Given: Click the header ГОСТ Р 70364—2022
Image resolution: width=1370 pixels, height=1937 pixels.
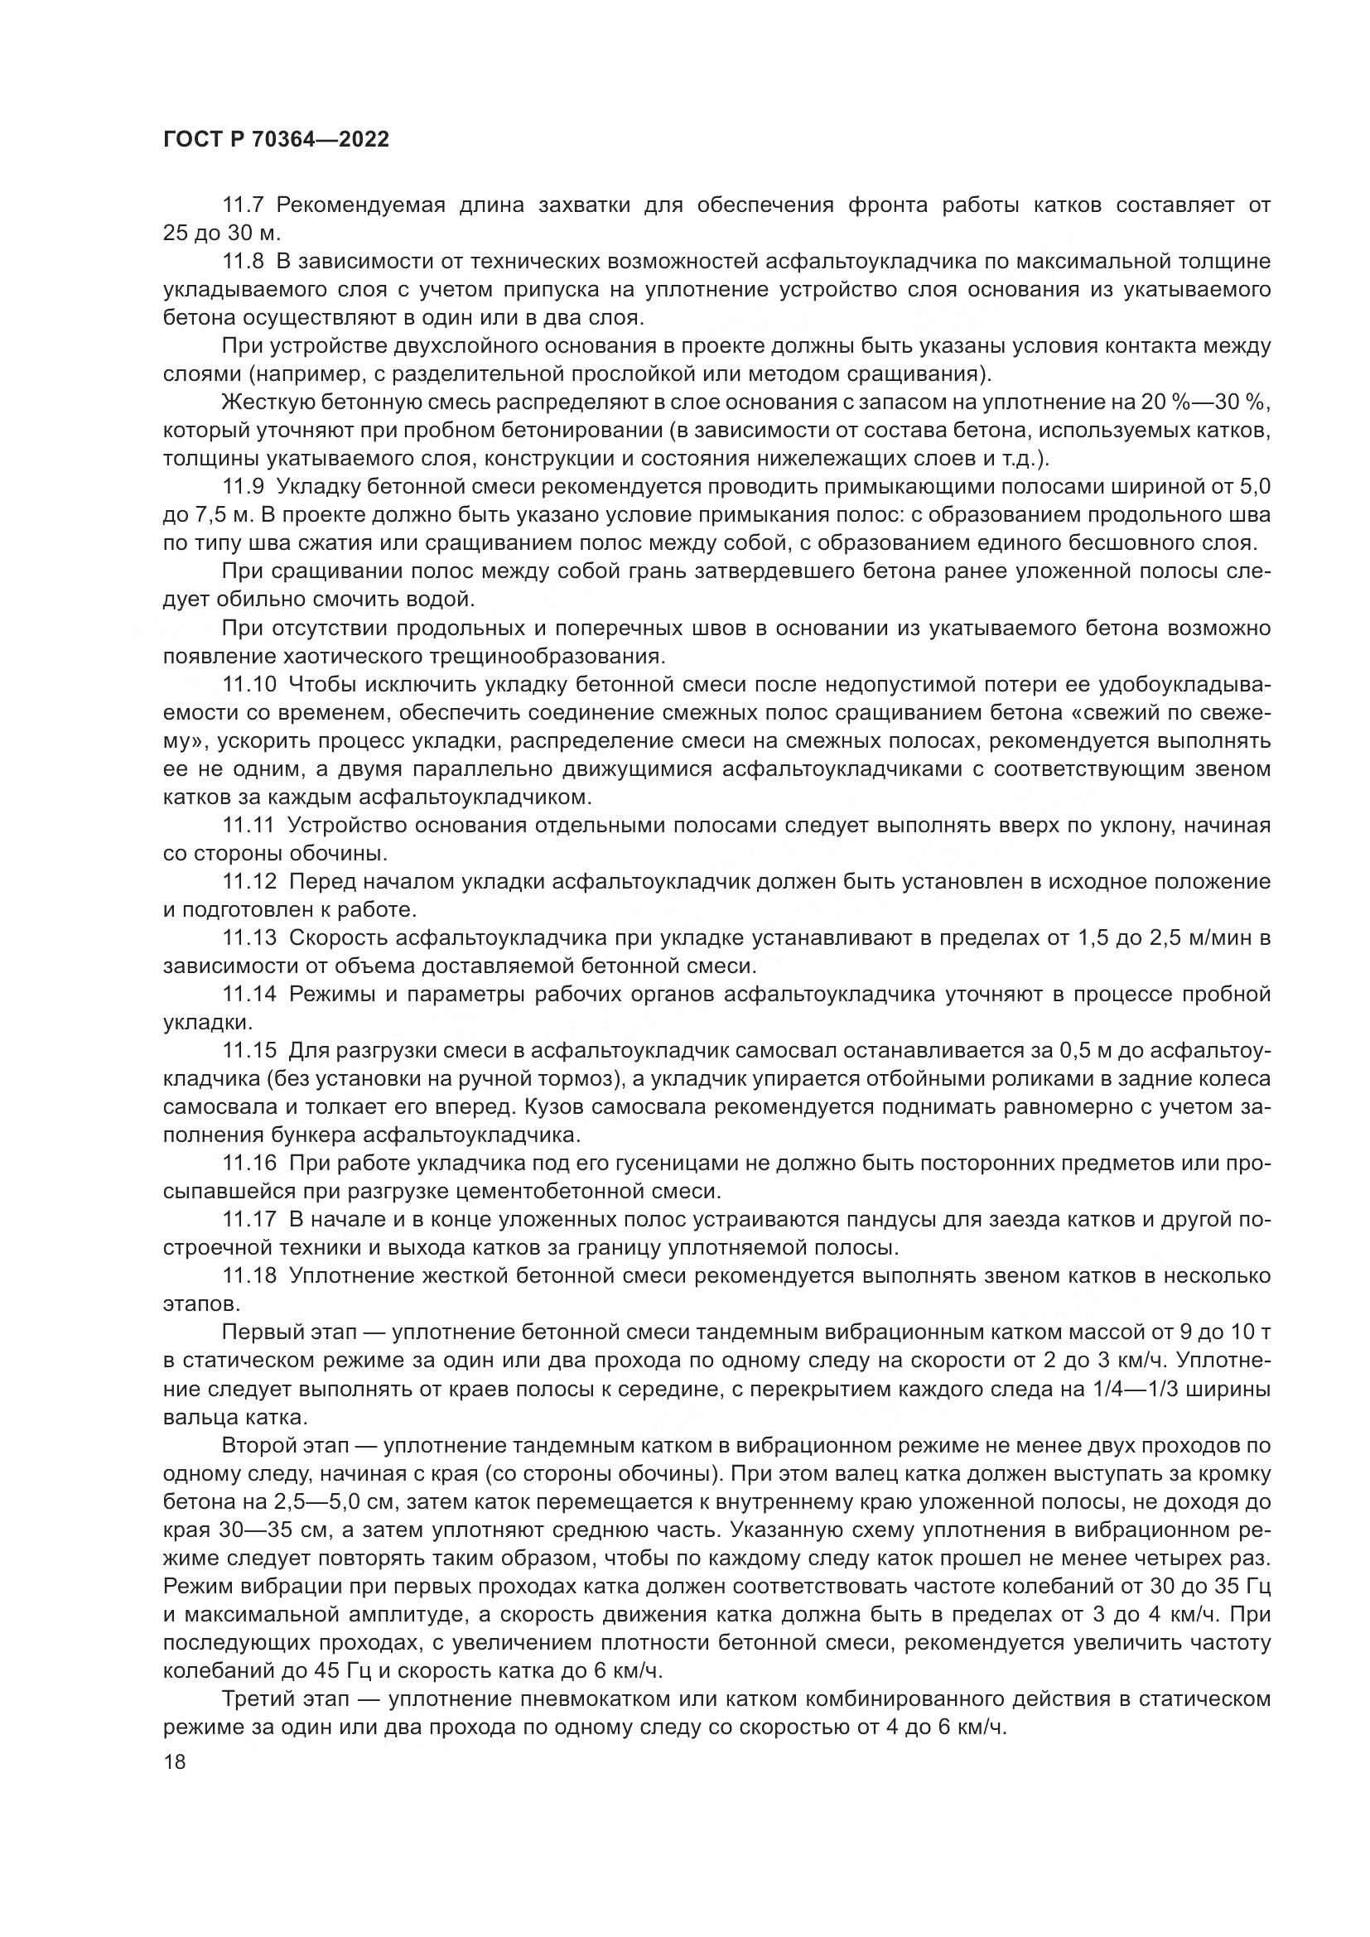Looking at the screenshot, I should pyautogui.click(x=276, y=140).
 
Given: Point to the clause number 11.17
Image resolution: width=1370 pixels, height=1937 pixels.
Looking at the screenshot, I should pyautogui.click(x=248, y=1220).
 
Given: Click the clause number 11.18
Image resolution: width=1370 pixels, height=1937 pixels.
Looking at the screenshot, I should pyautogui.click(x=248, y=1276).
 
